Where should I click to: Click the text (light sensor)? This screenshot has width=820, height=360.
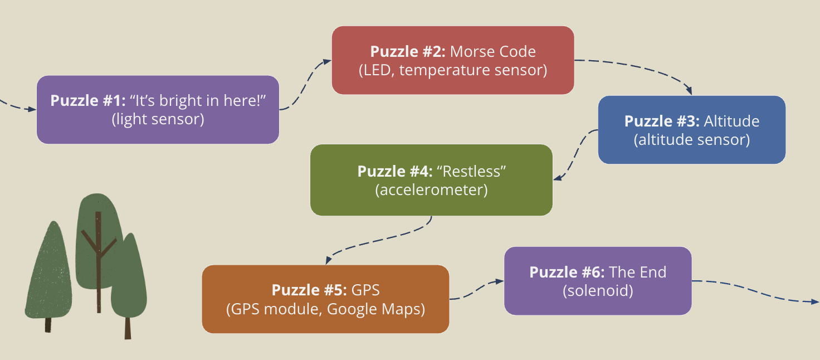pyautogui.click(x=158, y=119)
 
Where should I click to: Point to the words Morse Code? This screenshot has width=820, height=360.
pyautogui.click(x=492, y=52)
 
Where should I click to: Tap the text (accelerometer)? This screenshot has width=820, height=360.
pyautogui.click(x=431, y=190)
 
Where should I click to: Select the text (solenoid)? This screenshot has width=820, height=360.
pyautogui.click(x=598, y=290)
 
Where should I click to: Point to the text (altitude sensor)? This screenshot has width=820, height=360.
pyautogui.click(x=691, y=139)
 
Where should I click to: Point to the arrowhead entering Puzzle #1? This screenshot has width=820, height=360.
pyautogui.click(x=32, y=110)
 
